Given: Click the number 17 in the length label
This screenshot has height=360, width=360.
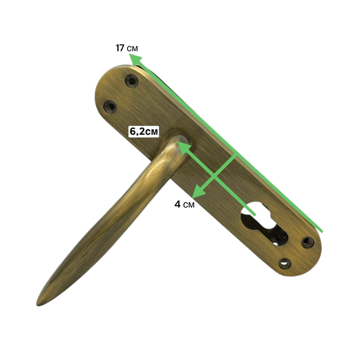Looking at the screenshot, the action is tap(120, 48).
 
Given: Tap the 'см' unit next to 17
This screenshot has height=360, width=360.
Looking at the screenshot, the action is tap(132, 49).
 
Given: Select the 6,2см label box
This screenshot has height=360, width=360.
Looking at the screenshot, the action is tap(144, 131).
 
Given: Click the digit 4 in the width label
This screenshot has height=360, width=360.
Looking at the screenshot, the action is tap(178, 204).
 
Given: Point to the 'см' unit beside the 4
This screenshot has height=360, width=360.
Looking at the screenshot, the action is tap(189, 205).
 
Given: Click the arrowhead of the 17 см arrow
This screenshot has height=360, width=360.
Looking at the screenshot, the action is tap(135, 59).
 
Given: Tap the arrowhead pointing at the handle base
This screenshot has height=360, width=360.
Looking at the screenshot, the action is tap(183, 148).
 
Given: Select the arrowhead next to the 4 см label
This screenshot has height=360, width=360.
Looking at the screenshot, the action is tap(198, 191).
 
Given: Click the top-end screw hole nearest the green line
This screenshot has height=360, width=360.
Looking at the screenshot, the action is tap(132, 81).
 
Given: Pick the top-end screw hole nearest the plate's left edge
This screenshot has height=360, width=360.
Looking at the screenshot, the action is tap(110, 107).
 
